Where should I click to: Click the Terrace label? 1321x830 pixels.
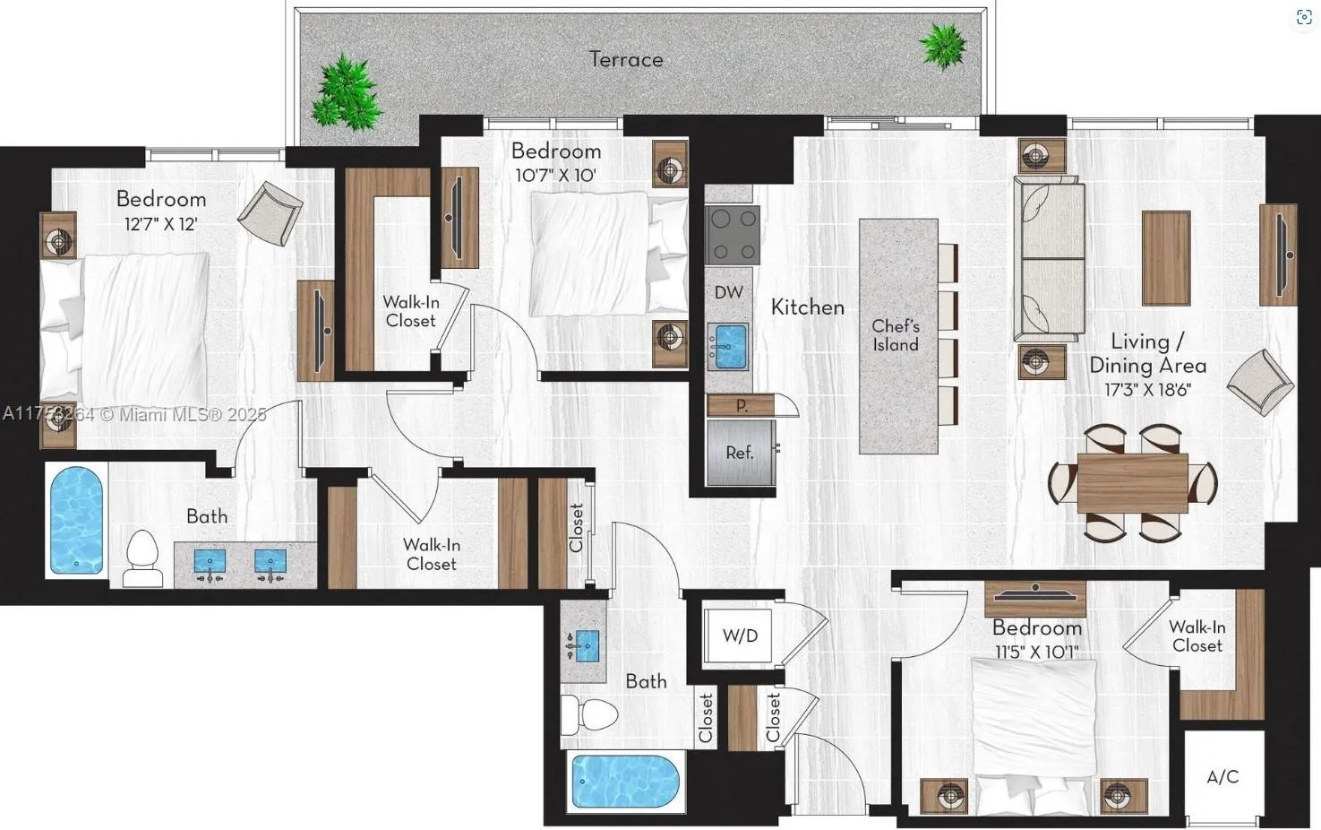[x=626, y=59]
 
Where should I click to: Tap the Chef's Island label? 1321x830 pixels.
[x=896, y=335]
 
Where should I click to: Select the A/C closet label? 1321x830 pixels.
[x=1222, y=776]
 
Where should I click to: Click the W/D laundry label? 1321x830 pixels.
[x=740, y=635]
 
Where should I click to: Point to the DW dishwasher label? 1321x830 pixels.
[x=728, y=292]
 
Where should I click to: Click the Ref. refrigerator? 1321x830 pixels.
[x=740, y=453]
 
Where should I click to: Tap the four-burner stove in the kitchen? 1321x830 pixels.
[x=732, y=235]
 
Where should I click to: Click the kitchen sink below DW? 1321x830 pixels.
[x=730, y=346]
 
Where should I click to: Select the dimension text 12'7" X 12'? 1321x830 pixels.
[x=160, y=224]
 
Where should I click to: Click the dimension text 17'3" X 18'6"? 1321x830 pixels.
[x=1147, y=390]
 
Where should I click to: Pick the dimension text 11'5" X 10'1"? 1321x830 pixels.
[x=1036, y=652]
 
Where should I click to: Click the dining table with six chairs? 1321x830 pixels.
[x=1132, y=483]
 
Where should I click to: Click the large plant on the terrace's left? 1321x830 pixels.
[x=347, y=91]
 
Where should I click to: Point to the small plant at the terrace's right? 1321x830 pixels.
[x=943, y=44]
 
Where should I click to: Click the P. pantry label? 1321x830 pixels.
[x=741, y=405]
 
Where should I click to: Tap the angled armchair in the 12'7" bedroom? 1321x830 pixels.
[x=270, y=212]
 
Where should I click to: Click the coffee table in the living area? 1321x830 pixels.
[x=1165, y=258]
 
